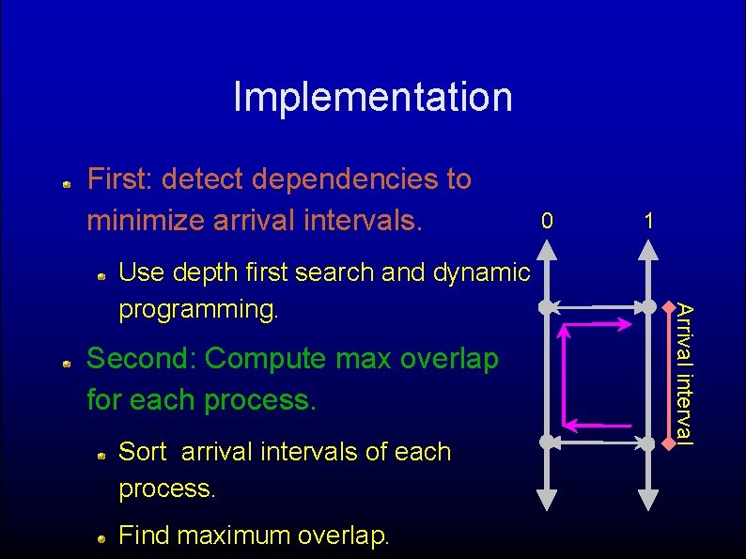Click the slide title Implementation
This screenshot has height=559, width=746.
point(373,97)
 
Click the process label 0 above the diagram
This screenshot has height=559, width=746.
point(547,221)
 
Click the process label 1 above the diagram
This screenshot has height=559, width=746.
point(648,221)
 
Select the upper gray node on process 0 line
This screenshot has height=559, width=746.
point(546,306)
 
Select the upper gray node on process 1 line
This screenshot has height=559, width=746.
point(648,306)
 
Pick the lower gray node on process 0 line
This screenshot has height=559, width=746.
point(546,440)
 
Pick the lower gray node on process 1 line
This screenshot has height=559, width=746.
point(648,440)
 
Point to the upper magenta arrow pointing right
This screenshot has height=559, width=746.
point(601,324)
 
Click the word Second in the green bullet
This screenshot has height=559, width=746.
point(142,359)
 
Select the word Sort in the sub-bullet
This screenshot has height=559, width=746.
point(143,452)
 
